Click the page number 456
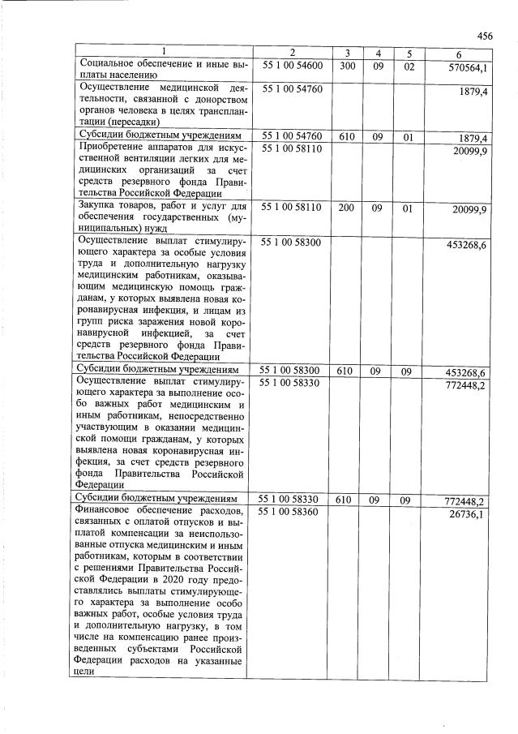pos(486,36)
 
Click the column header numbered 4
pos(378,54)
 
